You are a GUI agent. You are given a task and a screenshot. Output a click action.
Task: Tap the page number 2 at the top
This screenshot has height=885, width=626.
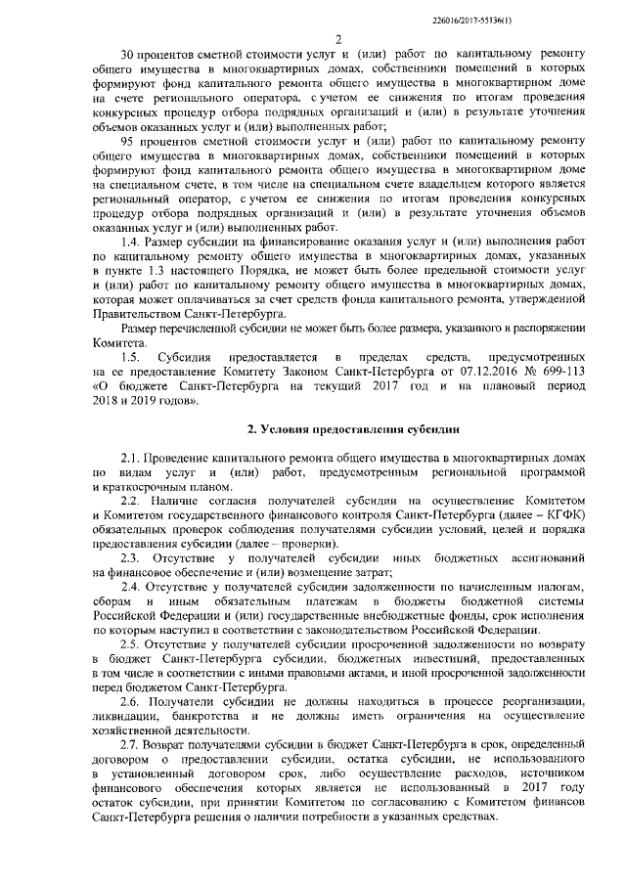tap(335, 40)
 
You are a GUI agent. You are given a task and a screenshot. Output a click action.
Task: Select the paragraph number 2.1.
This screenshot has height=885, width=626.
tap(128, 459)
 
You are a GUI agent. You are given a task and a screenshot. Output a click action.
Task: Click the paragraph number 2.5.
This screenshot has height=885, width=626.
tap(128, 644)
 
